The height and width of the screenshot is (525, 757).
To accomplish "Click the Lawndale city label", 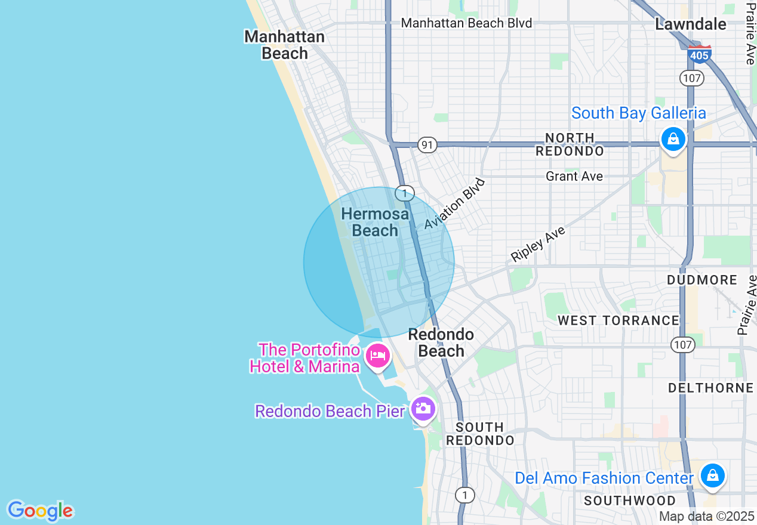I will pos(691,24).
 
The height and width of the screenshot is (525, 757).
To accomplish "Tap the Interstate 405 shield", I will pos(699,54).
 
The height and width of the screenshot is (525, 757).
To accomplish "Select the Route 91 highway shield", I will pos(427,145).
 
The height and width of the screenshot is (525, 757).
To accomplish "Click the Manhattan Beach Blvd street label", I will pos(466,23).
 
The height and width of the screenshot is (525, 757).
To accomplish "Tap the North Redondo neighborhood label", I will pos(570,144).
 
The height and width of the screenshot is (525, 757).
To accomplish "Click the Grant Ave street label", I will pos(574,176).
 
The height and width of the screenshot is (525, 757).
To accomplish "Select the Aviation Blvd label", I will pos(455,203).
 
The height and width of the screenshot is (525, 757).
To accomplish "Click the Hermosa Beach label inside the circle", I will pos(375,222).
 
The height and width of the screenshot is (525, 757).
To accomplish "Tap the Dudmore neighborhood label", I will pos(702,280).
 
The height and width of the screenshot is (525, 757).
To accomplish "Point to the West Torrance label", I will pos(618,320).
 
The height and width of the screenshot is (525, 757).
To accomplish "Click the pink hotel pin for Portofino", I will pos(377,356).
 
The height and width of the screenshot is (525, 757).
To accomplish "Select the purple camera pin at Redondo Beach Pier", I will pos(423,409).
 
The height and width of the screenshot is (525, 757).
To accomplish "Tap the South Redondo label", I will pos(480,434).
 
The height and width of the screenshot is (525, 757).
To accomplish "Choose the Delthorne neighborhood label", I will pos(710,388).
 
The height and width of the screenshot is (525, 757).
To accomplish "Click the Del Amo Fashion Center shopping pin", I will pos(712,475).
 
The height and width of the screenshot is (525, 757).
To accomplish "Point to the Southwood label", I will pos(630,500).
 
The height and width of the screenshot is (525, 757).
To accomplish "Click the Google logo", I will pos(40,511).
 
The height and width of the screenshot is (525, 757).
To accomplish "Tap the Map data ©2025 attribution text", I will pos(707,516).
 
